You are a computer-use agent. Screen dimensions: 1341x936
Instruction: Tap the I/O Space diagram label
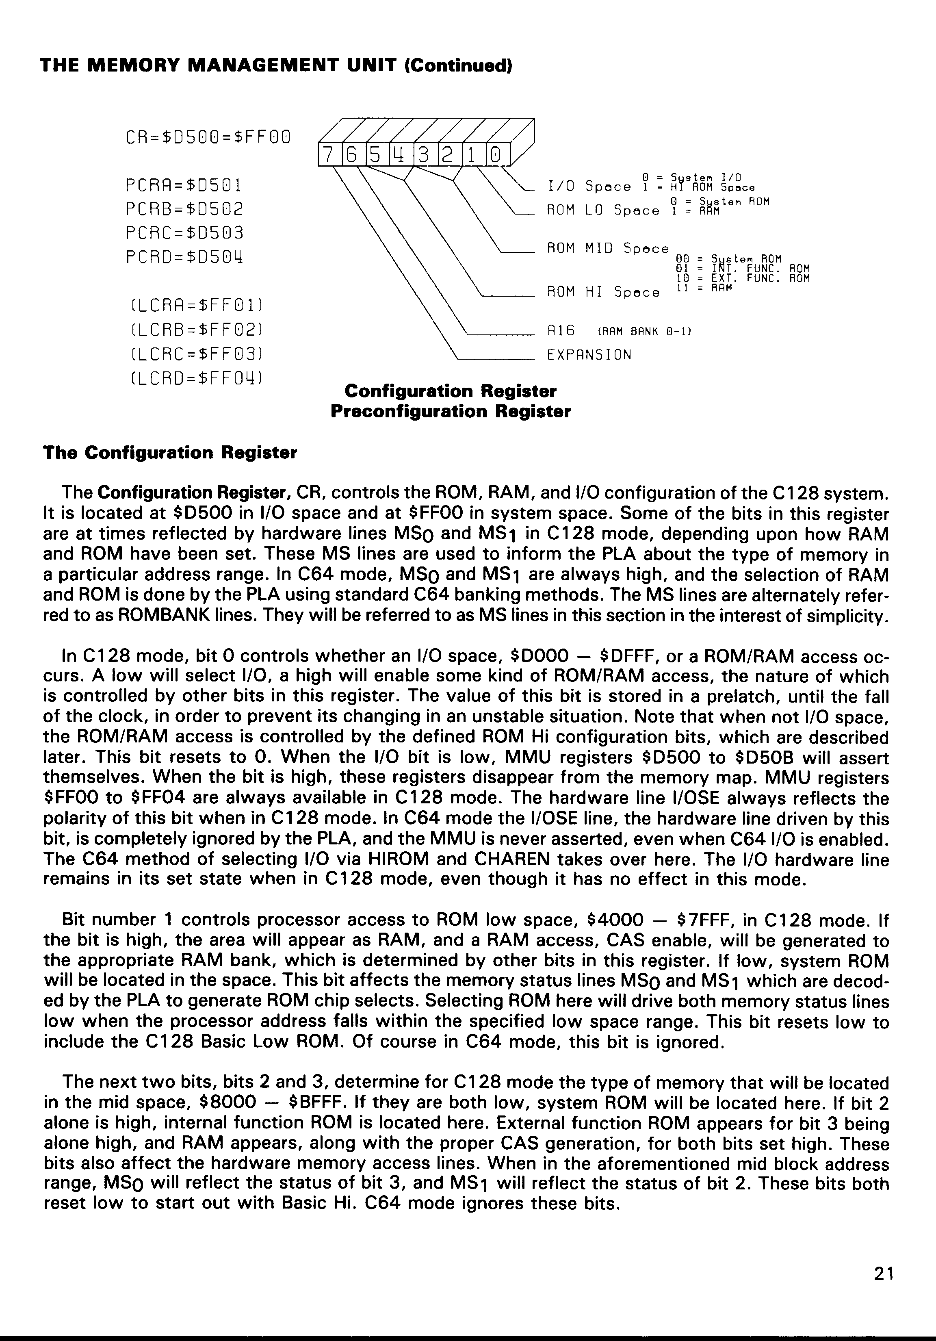[589, 187]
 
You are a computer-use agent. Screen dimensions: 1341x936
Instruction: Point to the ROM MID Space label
[607, 249]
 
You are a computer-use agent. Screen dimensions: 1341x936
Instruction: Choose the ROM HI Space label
[602, 293]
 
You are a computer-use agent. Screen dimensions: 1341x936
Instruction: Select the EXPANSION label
[589, 355]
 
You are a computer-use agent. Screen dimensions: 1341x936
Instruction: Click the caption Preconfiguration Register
[450, 412]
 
